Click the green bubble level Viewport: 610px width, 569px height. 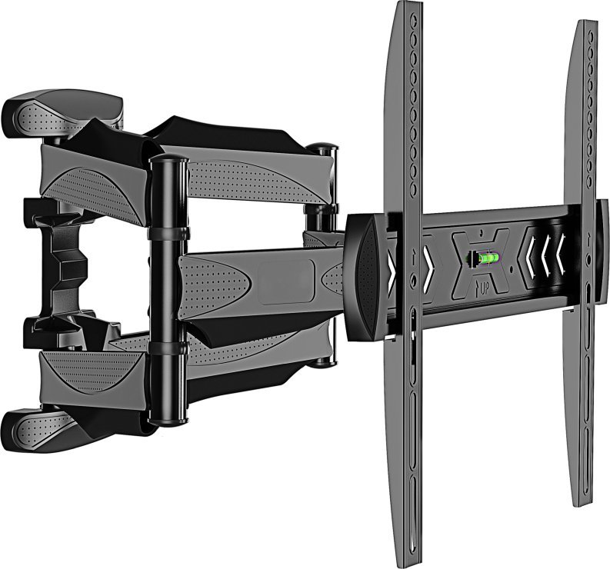(486, 258)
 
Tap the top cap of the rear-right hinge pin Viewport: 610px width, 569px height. (323, 148)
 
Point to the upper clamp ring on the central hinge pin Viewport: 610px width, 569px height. (169, 231)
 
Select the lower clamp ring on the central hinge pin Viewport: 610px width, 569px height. (169, 351)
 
